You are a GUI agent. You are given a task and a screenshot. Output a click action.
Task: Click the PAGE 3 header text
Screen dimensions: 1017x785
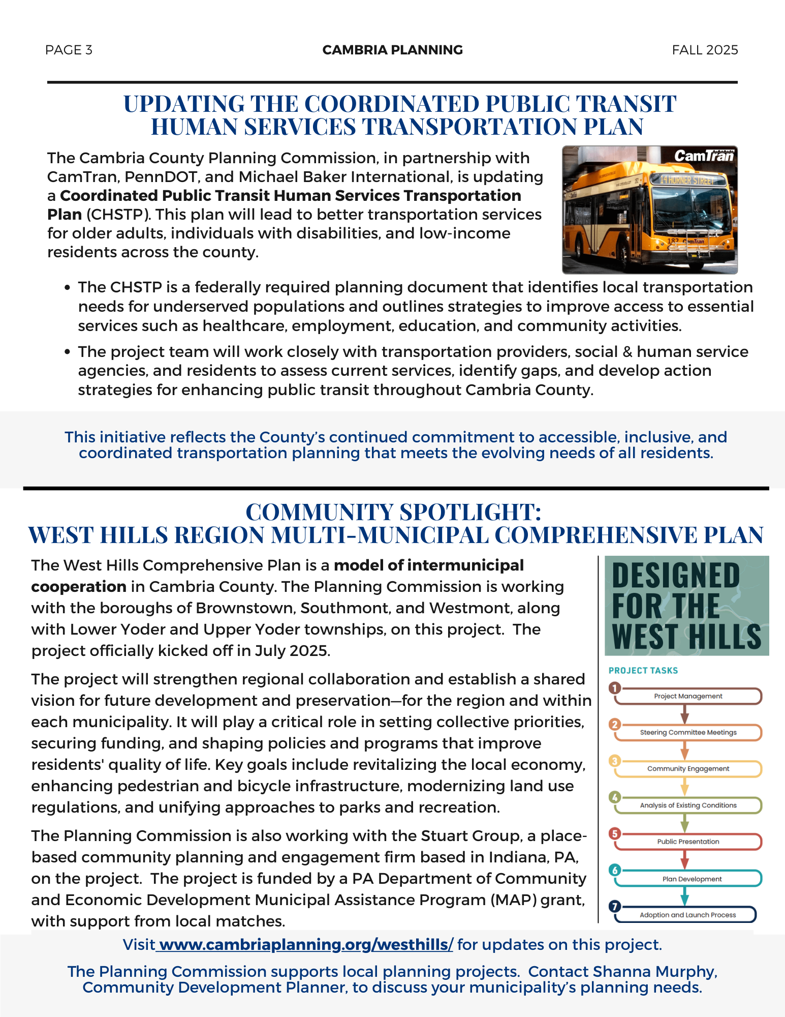point(69,50)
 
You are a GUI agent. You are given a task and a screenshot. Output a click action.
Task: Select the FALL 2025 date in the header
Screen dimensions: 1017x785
point(705,50)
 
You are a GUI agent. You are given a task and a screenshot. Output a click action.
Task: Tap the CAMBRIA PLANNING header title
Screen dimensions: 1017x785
point(392,50)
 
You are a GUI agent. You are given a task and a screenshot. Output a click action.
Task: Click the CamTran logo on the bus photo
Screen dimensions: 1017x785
point(704,156)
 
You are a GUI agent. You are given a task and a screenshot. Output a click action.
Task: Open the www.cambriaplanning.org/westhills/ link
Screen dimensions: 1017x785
point(305,945)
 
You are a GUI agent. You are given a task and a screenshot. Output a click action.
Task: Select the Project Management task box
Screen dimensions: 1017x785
point(688,696)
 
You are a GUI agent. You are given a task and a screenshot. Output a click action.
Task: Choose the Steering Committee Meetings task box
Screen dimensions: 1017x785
point(688,732)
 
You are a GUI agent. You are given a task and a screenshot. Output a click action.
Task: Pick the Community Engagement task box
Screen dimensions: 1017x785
point(688,769)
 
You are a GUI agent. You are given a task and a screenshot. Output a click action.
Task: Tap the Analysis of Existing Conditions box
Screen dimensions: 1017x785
point(688,805)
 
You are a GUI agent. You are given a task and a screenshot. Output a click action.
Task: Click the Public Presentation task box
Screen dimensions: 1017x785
point(688,842)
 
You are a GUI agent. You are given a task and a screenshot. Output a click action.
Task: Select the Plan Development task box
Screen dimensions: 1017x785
point(692,879)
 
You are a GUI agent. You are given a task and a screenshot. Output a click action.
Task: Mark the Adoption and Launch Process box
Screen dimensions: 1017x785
point(687,915)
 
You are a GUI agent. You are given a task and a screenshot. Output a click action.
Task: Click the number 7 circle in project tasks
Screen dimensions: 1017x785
point(615,906)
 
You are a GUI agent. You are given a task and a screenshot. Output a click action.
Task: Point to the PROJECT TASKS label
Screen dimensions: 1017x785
point(643,671)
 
